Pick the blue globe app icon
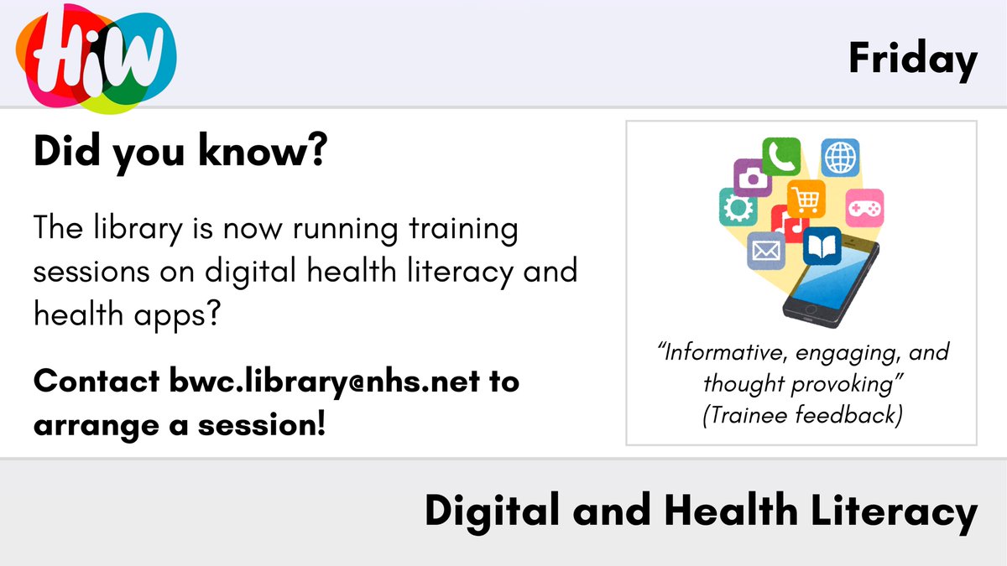tap(839, 158)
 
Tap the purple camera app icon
tap(753, 178)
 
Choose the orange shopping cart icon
tap(806, 198)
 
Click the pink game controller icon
tap(864, 207)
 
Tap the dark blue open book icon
tap(821, 246)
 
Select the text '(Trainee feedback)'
tap(801, 414)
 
